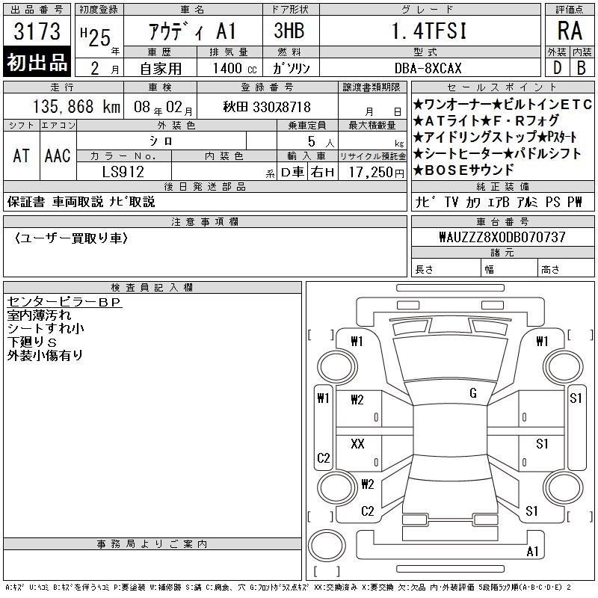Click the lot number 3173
tap(37, 31)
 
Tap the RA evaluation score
tap(570, 31)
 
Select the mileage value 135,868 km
tap(76, 107)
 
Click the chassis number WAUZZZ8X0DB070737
tap(502, 237)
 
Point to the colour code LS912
tap(123, 172)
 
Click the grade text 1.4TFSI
tap(429, 31)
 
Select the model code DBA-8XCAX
tap(428, 68)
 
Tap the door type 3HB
tap(289, 31)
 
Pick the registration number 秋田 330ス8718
tap(267, 107)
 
